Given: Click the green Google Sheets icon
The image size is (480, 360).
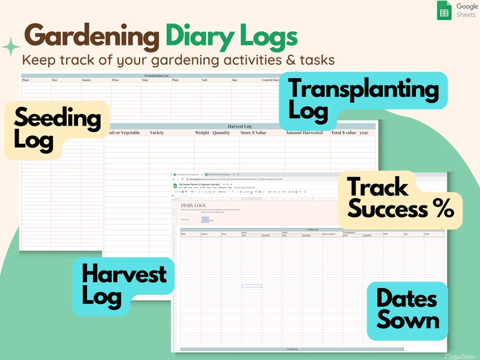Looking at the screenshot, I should coord(444,11).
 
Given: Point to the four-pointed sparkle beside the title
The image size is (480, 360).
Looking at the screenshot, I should coord(10,47).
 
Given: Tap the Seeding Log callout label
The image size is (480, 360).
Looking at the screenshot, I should coord(57,129).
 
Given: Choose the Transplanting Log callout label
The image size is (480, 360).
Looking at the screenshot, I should coord(363,100).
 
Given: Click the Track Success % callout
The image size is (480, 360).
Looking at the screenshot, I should coord(400,199).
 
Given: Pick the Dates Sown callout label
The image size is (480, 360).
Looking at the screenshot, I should coord(407,309).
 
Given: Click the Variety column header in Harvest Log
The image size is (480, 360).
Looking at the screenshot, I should coord(157,132).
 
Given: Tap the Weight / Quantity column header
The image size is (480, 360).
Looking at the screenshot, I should coord(212,132).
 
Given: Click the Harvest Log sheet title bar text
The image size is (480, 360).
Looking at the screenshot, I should coord(239,126).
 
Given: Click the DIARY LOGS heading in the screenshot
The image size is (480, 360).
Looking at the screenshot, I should coord(193,206).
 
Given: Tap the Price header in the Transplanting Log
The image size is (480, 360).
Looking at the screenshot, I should coord(115,80).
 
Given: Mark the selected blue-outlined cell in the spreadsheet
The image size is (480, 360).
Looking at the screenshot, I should coord(251,285).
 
